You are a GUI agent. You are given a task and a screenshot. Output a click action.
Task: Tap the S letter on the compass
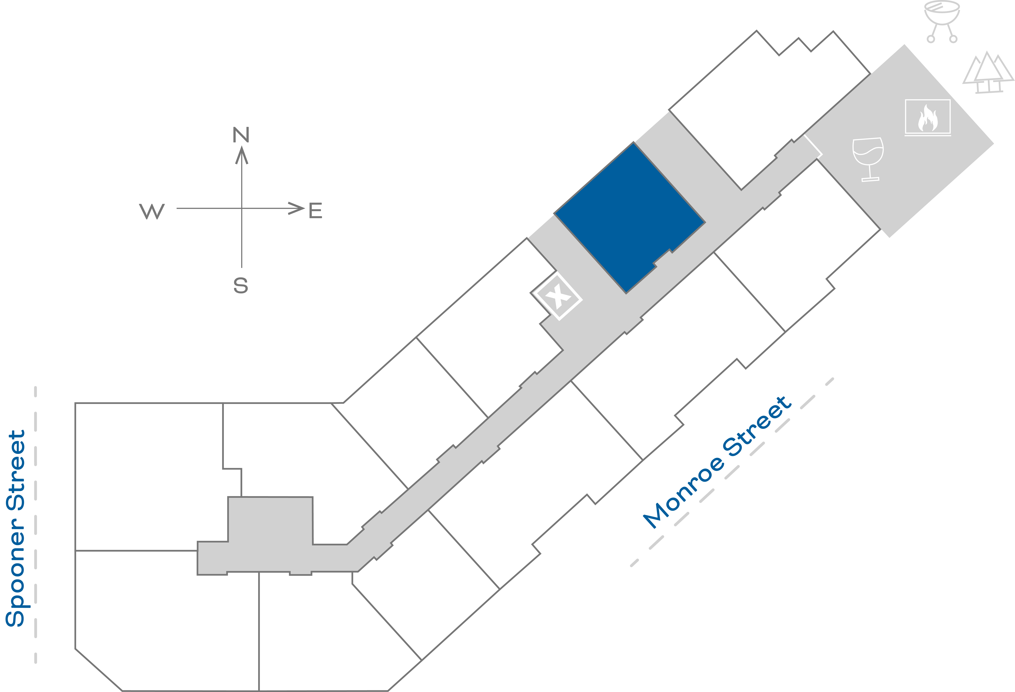[241, 285]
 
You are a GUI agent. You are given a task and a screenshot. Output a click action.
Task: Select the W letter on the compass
[152, 212]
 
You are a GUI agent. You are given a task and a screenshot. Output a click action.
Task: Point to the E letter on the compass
[315, 211]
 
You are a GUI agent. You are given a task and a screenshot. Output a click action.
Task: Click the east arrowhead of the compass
[297, 208]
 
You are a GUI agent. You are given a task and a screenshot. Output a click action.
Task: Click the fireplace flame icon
[928, 118]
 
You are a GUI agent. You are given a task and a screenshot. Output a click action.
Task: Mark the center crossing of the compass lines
[241, 208]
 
